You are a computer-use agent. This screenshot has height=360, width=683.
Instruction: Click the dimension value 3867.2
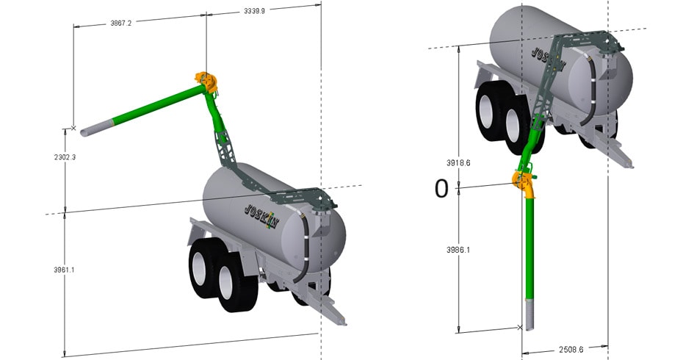pos(120,23)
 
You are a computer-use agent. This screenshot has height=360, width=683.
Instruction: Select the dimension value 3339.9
pos(254,11)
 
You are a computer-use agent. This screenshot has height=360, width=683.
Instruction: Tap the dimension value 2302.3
pos(65,157)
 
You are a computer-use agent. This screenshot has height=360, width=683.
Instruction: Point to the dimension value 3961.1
pos(64,270)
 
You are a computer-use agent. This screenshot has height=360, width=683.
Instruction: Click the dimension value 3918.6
pos(458,163)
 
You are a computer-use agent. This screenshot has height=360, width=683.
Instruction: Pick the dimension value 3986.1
pos(458,251)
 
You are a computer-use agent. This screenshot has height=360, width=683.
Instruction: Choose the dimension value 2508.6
pos(571,350)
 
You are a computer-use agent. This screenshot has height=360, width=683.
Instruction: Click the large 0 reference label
pos(441,189)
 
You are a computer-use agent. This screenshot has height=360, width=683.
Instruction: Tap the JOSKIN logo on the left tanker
pos(261,216)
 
